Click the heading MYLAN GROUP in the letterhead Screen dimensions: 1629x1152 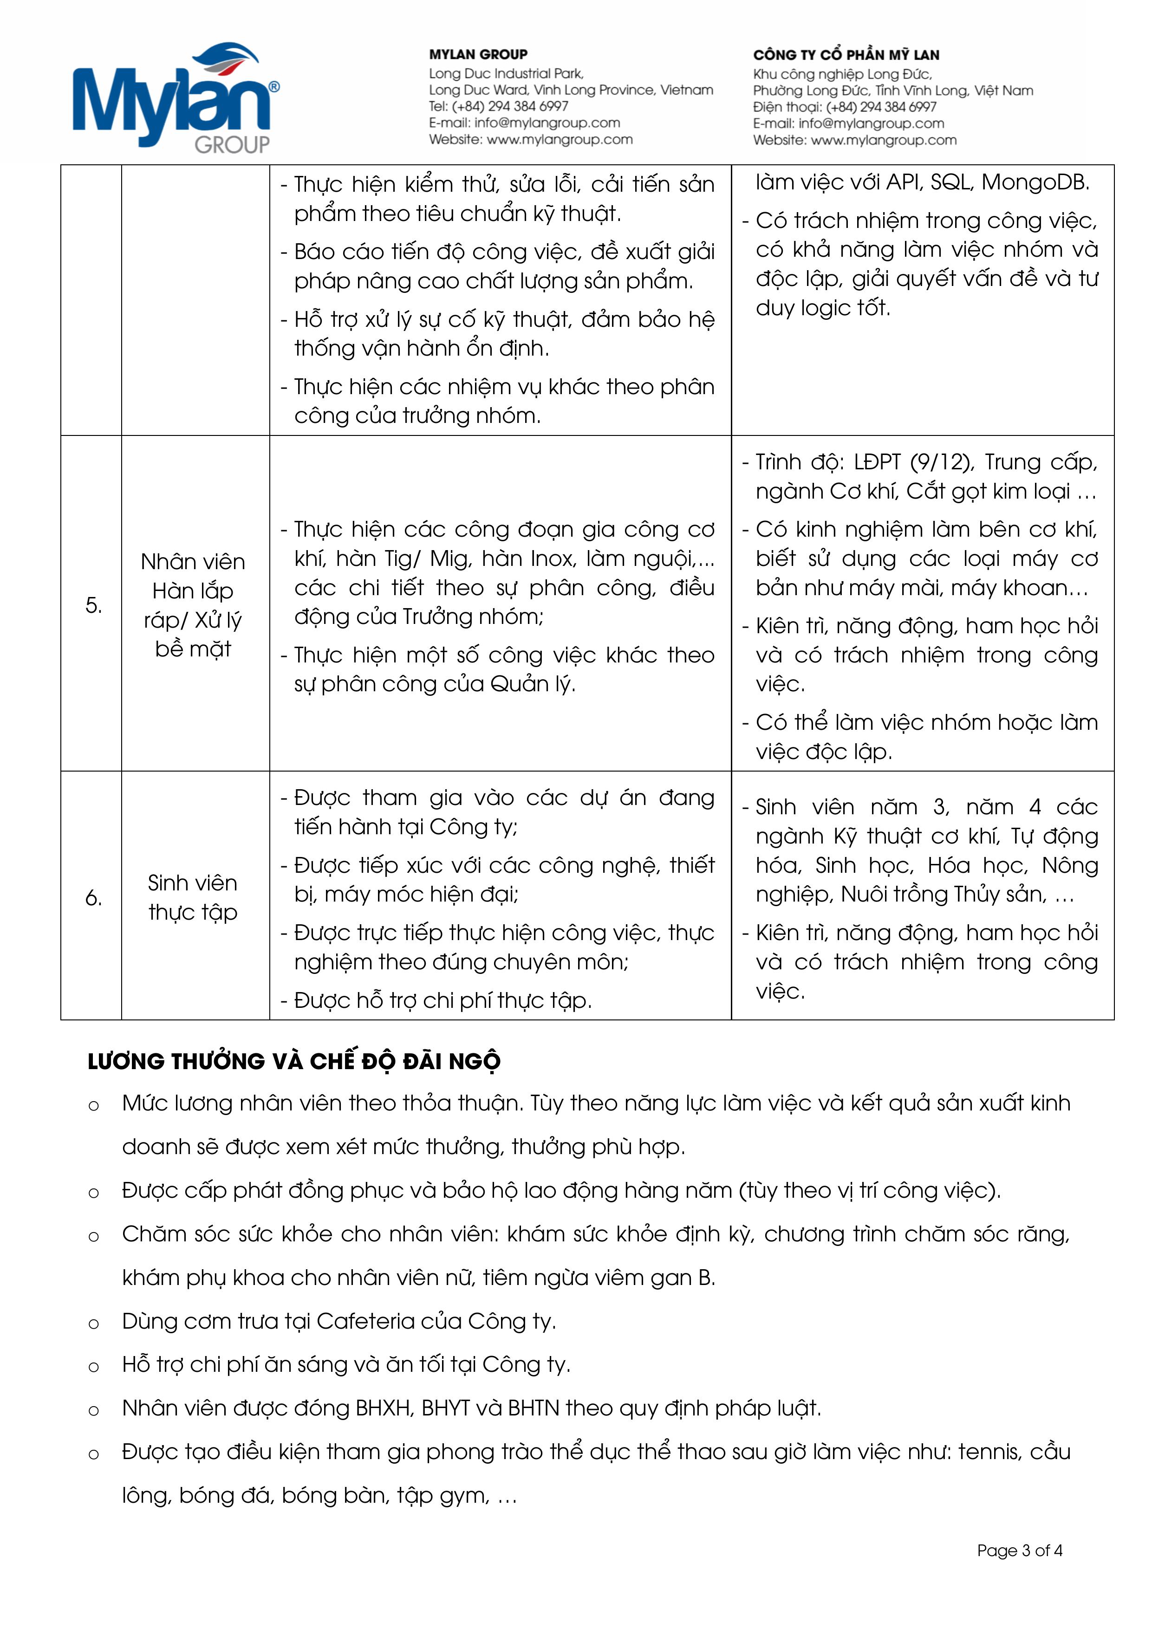tap(478, 55)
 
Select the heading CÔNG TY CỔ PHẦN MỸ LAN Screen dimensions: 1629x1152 tap(846, 55)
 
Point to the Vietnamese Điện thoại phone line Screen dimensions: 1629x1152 tap(844, 107)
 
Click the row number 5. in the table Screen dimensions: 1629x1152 tap(93, 605)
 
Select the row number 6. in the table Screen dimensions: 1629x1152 tap(93, 898)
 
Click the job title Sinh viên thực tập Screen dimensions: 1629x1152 tap(192, 897)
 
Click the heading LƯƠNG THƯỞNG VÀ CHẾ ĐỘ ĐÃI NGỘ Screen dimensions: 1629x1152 tap(294, 1061)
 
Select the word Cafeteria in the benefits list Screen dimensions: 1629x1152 tap(365, 1321)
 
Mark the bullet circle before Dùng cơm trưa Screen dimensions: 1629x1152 tap(94, 1323)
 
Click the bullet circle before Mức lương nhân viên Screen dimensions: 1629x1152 tap(94, 1105)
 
